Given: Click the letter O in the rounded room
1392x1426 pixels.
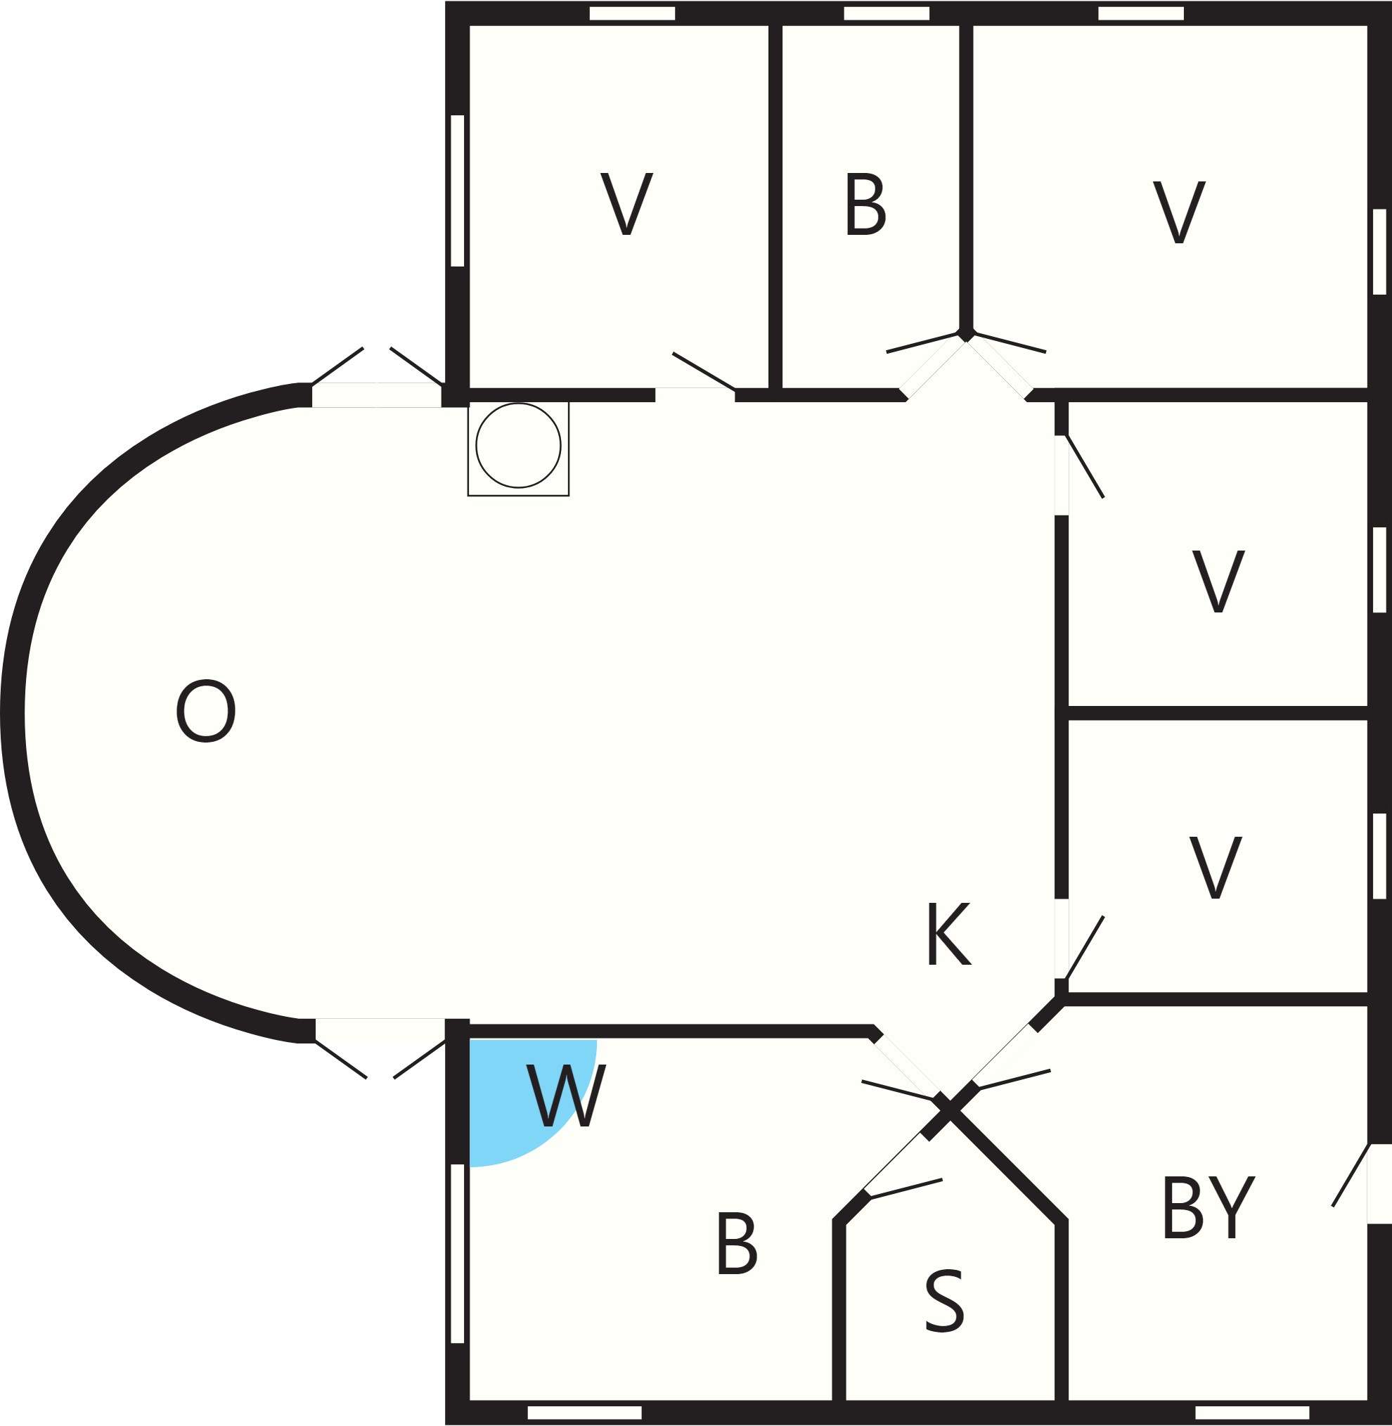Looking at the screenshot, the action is pyautogui.click(x=205, y=711).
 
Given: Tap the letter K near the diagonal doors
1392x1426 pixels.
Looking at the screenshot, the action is pyautogui.click(x=949, y=934).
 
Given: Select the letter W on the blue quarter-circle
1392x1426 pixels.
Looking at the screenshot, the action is pyautogui.click(x=567, y=1095).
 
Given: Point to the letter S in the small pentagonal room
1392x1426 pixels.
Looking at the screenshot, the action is pyautogui.click(x=945, y=1301).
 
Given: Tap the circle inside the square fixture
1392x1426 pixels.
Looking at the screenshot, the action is pyautogui.click(x=518, y=444).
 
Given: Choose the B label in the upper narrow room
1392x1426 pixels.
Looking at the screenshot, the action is pyautogui.click(x=865, y=204).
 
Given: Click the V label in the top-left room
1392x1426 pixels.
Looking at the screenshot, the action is pyautogui.click(x=626, y=203).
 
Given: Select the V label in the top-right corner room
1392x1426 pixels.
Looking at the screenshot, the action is pyautogui.click(x=1179, y=212).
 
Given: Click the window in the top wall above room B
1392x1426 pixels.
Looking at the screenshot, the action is pyautogui.click(x=886, y=13).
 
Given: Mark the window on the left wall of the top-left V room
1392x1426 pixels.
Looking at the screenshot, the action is pyautogui.click(x=458, y=190).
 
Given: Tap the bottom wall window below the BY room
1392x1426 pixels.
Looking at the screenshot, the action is pyautogui.click(x=1252, y=1412).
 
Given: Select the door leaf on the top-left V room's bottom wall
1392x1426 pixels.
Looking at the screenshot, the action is pyautogui.click(x=703, y=371).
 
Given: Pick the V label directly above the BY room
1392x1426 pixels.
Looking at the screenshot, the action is pyautogui.click(x=1215, y=866).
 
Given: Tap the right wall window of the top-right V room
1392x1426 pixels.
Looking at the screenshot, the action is pyautogui.click(x=1379, y=252).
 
